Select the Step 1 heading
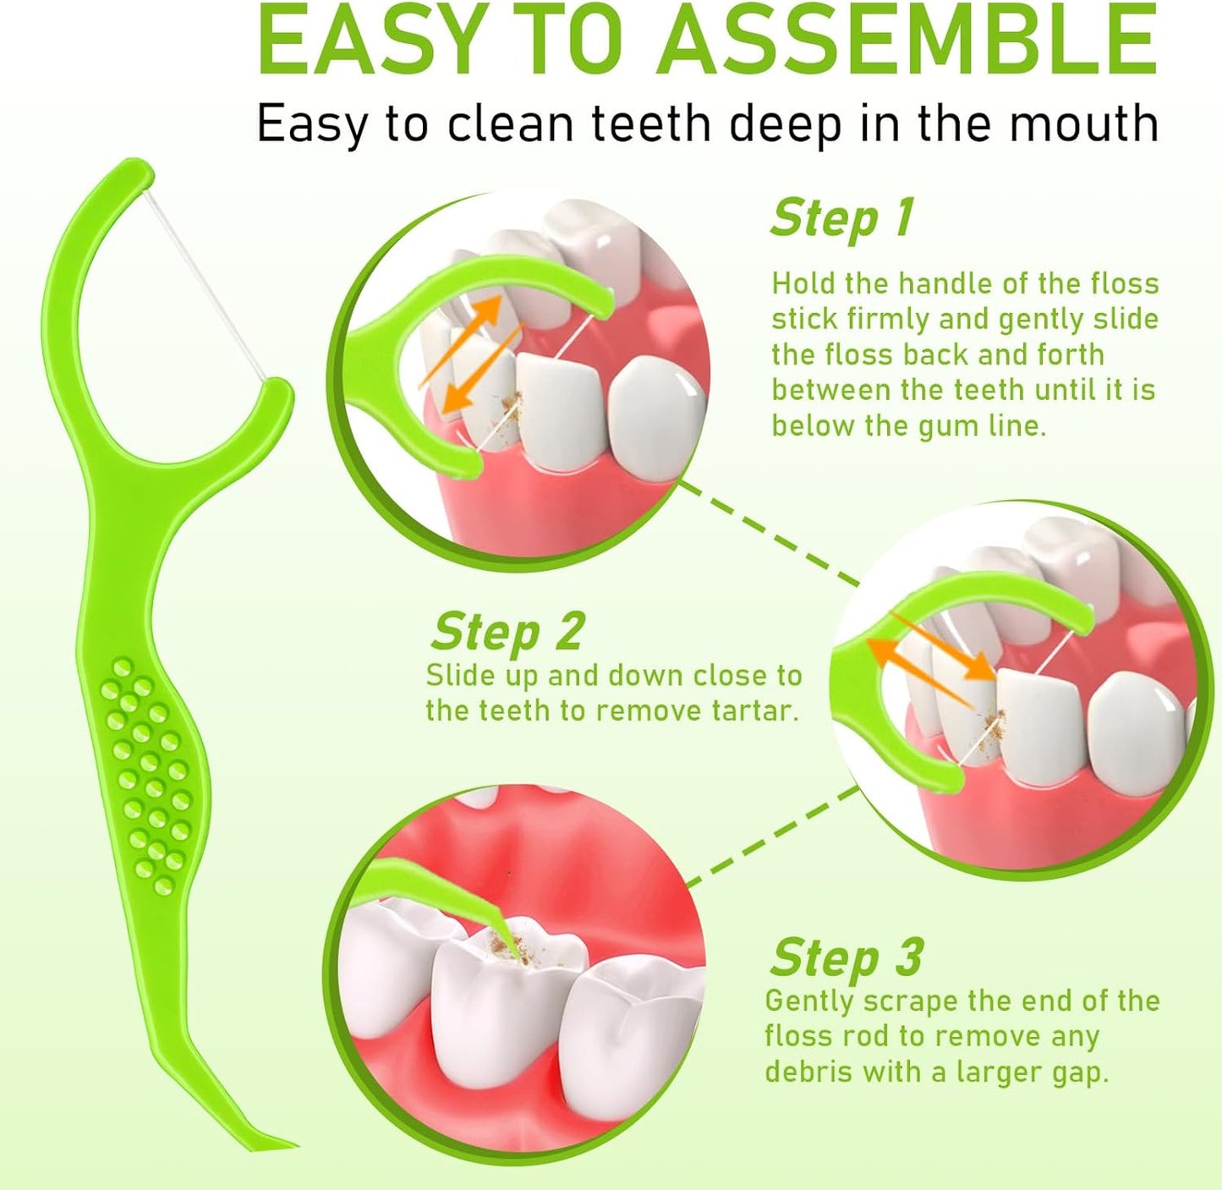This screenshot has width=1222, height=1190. (x=842, y=219)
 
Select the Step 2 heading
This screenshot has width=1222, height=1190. (x=507, y=632)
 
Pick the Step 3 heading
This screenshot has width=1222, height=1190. (x=846, y=958)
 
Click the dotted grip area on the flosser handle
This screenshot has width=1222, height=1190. (x=148, y=774)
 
